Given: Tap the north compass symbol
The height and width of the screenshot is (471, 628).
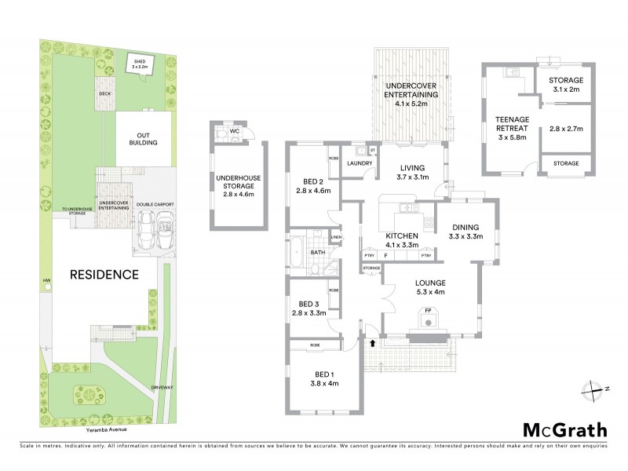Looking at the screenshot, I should pyautogui.click(x=594, y=389).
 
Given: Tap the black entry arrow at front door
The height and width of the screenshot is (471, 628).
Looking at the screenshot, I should pyautogui.click(x=371, y=343).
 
